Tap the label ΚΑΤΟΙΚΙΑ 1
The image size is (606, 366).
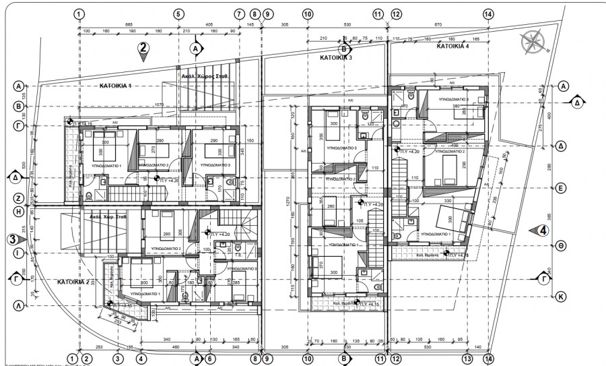(116, 86)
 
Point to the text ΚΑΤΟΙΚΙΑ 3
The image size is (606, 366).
(336, 59)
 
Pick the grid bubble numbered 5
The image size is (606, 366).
(178, 13)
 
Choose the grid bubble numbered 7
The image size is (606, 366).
(238, 13)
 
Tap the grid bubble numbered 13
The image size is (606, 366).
(466, 359)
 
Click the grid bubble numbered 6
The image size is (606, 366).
(210, 359)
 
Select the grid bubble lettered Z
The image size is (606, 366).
(18, 199)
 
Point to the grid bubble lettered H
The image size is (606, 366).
(18, 210)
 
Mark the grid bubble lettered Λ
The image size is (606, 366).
(18, 305)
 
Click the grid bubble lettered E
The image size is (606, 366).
(560, 189)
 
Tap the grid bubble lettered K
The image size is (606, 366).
(560, 296)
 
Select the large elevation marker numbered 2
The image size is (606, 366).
(143, 48)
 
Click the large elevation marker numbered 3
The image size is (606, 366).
(13, 239)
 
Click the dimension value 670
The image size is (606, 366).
(438, 24)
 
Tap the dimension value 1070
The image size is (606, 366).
(159, 105)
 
